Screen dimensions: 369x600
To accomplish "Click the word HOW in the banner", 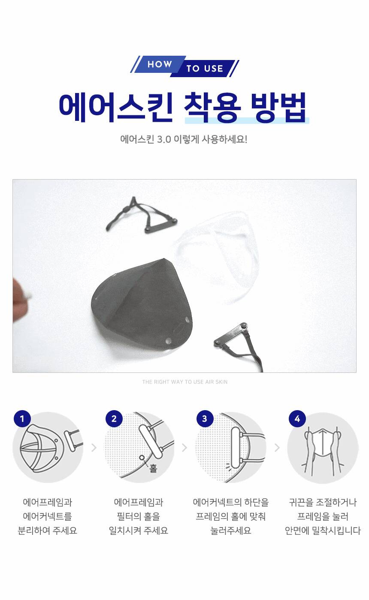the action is pos(160,64).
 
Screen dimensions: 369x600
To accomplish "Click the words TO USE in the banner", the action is pos(205,69).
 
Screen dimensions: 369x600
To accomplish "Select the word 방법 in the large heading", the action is pos(278,107).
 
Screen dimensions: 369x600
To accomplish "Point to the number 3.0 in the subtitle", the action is pos(164,140).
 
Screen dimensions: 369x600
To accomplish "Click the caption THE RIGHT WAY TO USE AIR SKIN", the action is pos(185,382).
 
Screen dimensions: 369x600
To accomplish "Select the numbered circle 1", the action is pos(22,419).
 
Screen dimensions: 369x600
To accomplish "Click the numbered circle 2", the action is pos(114,419).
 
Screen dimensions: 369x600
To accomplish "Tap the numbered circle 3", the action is pos(205,419).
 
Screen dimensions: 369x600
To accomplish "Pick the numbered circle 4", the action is pos(297,419).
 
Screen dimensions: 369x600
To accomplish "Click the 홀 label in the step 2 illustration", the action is pos(153,468).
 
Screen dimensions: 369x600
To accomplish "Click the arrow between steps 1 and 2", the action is pos(94,447).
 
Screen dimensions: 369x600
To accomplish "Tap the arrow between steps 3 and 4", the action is pos(277,447).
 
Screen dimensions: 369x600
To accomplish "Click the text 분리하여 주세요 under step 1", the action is pos(47,531).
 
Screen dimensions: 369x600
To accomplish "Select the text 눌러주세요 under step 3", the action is pos(231,531).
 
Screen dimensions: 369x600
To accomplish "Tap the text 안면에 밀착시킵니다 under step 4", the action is pos(323,531).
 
